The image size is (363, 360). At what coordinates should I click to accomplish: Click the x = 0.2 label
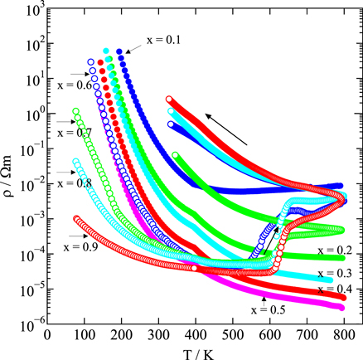[336, 251]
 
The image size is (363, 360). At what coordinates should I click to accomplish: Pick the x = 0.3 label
[336, 273]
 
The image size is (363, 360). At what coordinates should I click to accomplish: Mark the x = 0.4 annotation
[336, 289]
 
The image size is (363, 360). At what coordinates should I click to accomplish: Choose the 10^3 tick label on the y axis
[30, 10]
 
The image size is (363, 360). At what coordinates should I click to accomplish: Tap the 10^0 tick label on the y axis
[31, 114]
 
